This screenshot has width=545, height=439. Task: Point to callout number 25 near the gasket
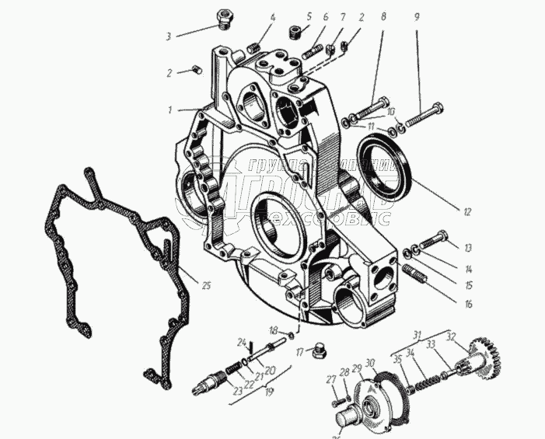206,285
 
